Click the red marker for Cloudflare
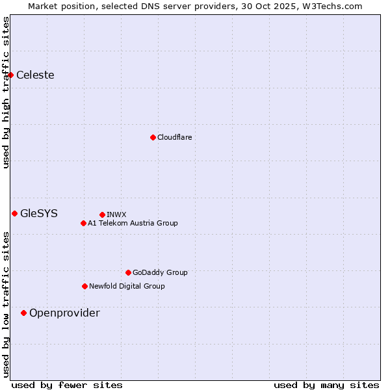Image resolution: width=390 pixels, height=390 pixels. pos(153,137)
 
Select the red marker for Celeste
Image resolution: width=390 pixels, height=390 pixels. pos(11,75)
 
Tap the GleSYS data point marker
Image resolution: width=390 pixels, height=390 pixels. pos(14,213)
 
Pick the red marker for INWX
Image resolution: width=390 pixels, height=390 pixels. pos(102,214)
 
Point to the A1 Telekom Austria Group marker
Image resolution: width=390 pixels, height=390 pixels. pos(83,224)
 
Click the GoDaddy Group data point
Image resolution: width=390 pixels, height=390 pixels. pos(128,272)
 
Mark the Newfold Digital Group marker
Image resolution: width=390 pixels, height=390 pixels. pos(84,286)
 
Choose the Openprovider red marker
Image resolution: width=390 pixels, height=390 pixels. pos(24,313)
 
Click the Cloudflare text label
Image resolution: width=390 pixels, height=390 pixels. pos(174,137)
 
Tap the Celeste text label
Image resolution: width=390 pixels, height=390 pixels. pos(35,75)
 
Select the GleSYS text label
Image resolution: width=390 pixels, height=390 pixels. pos(39,213)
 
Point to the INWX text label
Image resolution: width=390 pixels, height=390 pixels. pos(116,214)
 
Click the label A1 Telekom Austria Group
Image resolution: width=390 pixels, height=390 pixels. pos(133,224)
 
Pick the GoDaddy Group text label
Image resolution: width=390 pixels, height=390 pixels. pos(160,272)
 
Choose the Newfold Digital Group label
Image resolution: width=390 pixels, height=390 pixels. pos(127,286)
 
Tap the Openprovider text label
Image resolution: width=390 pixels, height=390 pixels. pos(64,313)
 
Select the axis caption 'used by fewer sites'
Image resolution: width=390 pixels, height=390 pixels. pos(67,385)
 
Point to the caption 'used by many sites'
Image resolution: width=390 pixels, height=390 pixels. pos(326,385)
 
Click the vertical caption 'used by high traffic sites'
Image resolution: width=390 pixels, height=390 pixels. pos(6,92)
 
